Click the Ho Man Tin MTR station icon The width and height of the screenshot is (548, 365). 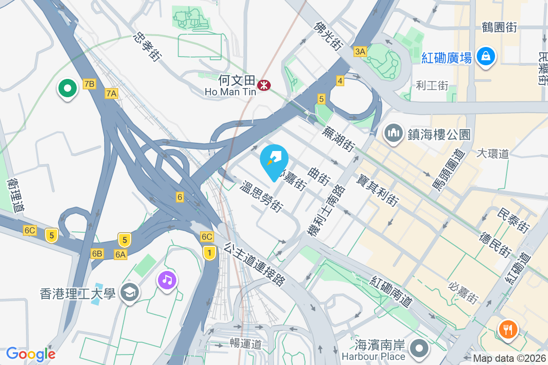pos(263,85)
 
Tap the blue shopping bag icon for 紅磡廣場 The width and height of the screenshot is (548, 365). pos(486,57)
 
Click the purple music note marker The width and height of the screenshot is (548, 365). pos(168,279)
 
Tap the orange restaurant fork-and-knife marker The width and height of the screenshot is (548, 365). pos(507,329)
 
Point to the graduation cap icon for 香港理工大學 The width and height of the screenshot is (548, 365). pos(130,293)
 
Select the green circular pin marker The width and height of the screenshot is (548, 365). pos(67,88)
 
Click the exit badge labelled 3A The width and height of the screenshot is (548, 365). pos(360,52)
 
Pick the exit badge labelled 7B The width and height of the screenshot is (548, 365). pos(89,83)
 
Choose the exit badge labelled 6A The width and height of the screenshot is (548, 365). pos(121,254)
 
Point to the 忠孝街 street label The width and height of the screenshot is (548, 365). pos(148,47)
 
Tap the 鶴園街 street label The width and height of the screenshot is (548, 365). pos(499,27)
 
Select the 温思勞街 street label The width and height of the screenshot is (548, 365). pos(262,197)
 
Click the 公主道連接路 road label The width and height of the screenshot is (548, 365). pos(254,263)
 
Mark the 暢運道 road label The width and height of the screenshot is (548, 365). pos(246,344)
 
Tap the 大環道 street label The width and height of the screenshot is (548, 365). pos(492,153)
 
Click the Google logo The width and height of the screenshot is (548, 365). pos(31,354)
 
